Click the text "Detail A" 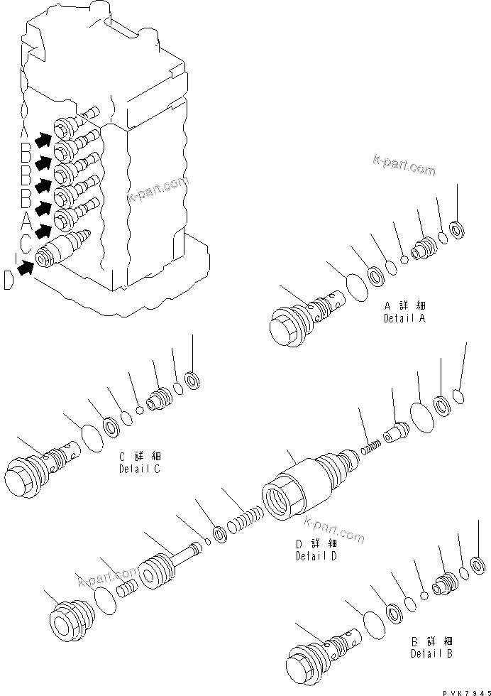(404, 319)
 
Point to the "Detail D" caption (316, 556)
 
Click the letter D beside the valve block (9, 281)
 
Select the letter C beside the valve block (24, 244)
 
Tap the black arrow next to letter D (26, 267)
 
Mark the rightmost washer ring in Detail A (457, 229)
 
